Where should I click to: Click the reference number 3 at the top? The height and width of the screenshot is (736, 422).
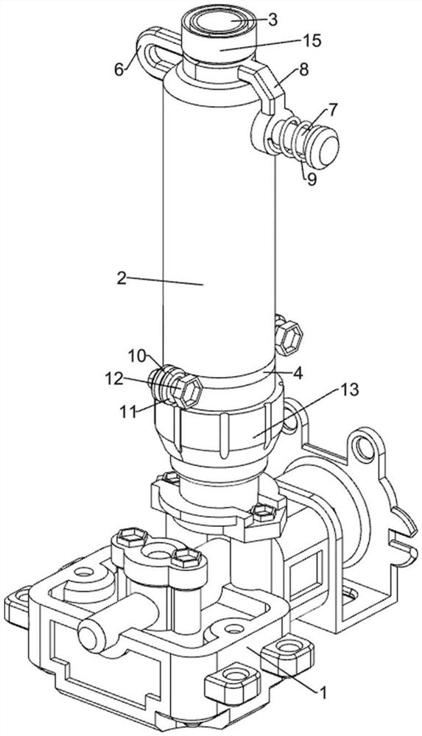point(272,20)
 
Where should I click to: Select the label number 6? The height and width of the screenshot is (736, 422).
point(119,69)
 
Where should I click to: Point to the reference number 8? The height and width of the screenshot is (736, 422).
point(303,70)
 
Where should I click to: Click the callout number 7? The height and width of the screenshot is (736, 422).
point(331,110)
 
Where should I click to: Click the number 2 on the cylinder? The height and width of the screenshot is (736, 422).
point(122,278)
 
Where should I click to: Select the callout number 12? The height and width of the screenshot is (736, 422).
point(115,378)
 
